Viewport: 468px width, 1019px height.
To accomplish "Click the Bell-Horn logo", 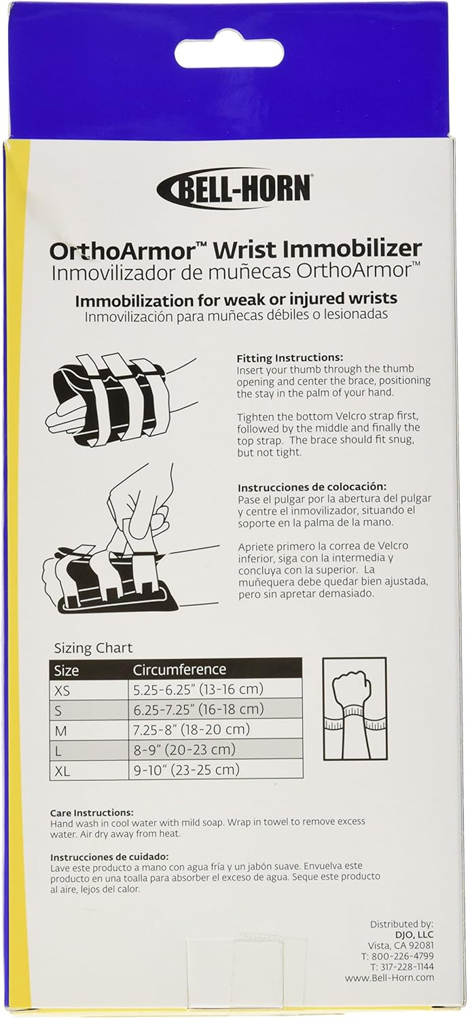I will [x=234, y=187].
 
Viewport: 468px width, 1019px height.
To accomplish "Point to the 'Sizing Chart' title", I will [x=93, y=647].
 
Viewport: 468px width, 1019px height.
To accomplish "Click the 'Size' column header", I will [x=67, y=670].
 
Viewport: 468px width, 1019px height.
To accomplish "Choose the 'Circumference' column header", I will [x=179, y=670].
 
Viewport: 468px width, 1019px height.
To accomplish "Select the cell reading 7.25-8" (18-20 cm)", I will [x=191, y=730].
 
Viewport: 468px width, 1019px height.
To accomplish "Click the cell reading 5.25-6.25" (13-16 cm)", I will [x=198, y=690].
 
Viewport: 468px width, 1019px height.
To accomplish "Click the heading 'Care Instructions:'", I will [x=92, y=812].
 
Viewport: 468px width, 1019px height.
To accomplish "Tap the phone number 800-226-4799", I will [x=406, y=956].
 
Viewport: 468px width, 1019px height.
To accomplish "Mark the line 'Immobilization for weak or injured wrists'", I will [x=236, y=298].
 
